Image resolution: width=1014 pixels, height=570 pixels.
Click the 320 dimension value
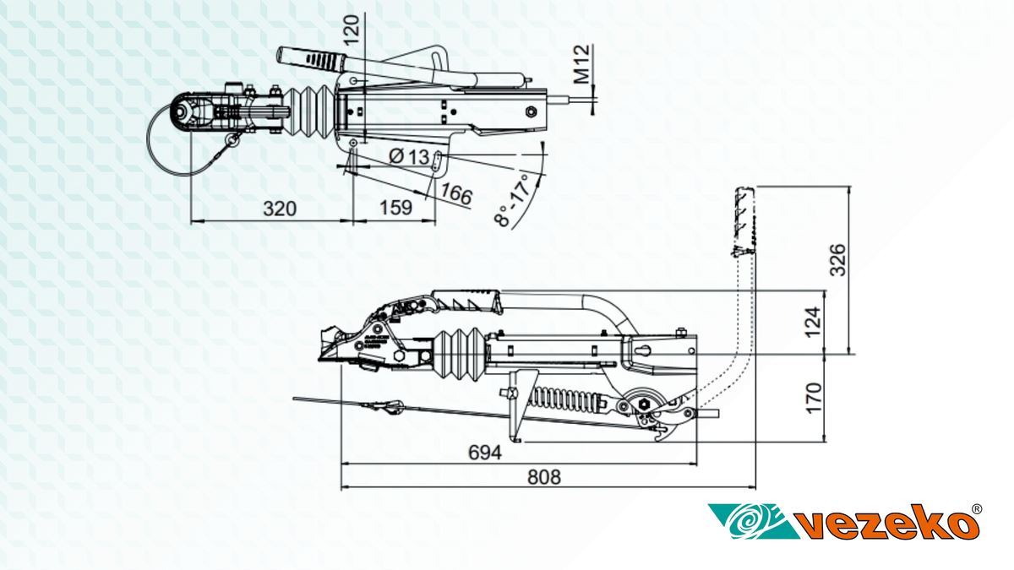point(279,209)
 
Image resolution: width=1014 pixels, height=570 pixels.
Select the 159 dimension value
point(395,208)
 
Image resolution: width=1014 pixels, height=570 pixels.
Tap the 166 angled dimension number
point(455,194)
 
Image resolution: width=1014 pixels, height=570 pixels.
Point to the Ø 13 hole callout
point(409,157)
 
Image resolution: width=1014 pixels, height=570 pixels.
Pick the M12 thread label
point(581,66)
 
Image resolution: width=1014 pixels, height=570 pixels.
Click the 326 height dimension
point(837,260)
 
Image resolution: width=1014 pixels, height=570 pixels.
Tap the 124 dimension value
point(812,322)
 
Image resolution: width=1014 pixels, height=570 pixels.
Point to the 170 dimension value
point(813,397)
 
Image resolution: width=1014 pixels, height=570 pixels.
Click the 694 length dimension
point(485,453)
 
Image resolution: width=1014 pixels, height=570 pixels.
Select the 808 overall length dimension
point(544,477)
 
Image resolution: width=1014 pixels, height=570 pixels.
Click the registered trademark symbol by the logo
point(977,509)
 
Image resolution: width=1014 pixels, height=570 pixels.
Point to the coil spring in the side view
point(570,399)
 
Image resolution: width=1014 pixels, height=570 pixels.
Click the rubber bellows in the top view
point(308,109)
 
